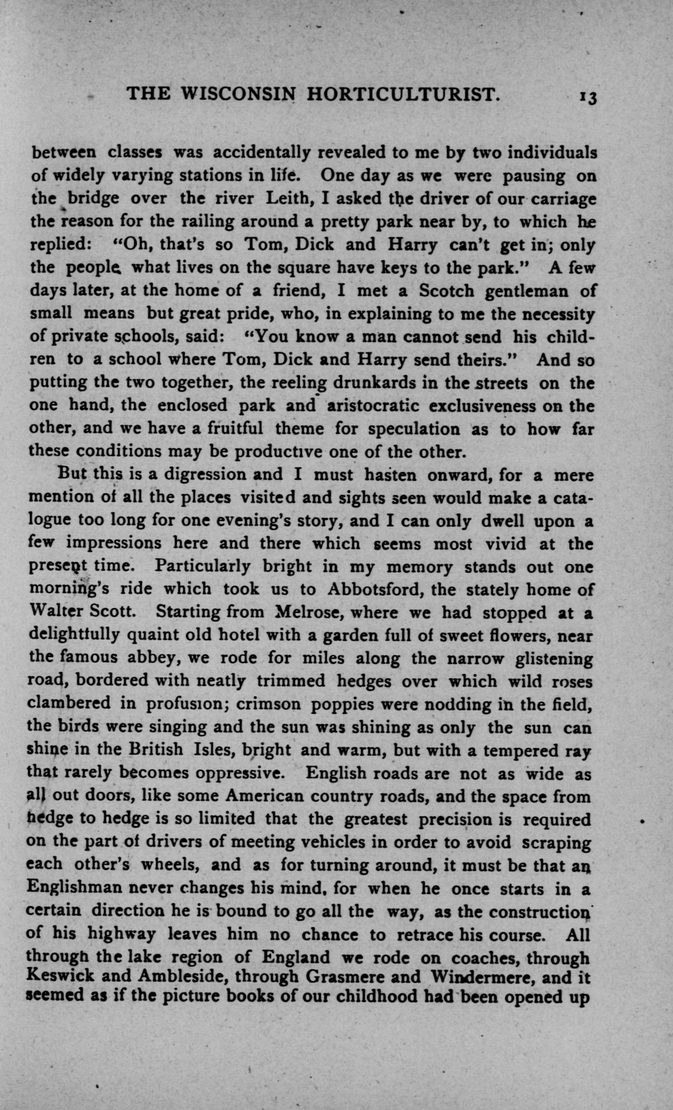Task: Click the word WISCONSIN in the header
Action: [x=238, y=94]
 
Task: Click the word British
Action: [x=155, y=750]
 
